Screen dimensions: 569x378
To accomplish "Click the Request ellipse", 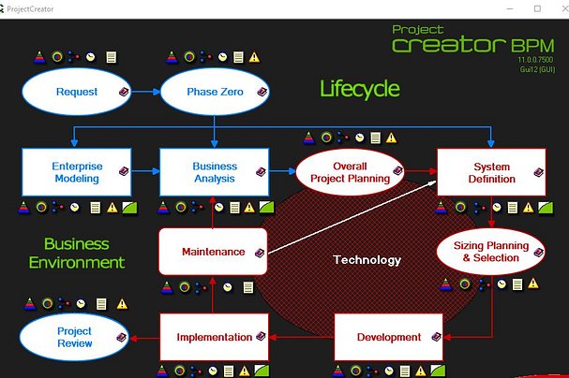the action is [76, 92].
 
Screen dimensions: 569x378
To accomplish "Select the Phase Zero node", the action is [215, 92].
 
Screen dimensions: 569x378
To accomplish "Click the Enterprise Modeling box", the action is [77, 172].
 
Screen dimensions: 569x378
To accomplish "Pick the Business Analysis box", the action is [215, 172].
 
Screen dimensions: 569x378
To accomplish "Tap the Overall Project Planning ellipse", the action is [351, 172].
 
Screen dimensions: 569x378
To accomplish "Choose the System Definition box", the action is [491, 172].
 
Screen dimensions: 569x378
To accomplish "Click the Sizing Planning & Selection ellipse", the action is [490, 252].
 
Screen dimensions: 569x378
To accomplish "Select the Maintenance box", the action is [213, 252].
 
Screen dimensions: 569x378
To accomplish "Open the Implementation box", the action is [214, 337].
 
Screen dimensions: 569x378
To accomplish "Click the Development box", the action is [388, 337].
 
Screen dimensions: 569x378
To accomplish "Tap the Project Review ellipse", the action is [74, 337].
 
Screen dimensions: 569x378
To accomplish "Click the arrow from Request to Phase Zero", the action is [145, 92].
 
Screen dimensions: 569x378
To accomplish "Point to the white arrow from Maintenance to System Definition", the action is [352, 217].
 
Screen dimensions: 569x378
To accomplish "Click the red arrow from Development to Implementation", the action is [301, 338].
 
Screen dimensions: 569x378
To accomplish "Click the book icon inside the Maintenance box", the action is [260, 253].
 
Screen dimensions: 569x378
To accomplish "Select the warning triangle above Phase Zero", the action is [254, 57].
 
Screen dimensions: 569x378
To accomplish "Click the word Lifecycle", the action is [360, 89].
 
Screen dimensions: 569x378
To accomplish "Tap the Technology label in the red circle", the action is [367, 259].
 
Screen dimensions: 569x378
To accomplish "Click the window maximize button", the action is [537, 8].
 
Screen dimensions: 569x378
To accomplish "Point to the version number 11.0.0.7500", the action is [535, 60].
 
